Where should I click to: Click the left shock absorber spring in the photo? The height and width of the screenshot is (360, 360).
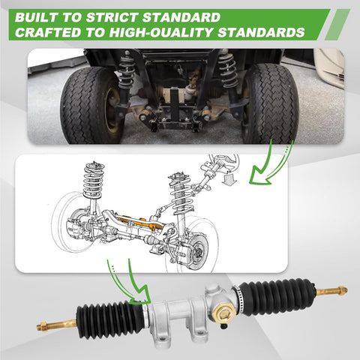click(127, 69)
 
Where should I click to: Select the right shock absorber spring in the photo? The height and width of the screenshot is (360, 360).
click(227, 69)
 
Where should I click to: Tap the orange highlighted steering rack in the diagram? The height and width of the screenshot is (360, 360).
click(141, 223)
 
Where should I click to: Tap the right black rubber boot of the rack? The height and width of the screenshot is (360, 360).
click(275, 295)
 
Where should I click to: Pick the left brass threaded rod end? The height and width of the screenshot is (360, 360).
click(56, 325)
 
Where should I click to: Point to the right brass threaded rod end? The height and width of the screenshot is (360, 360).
click(331, 290)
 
